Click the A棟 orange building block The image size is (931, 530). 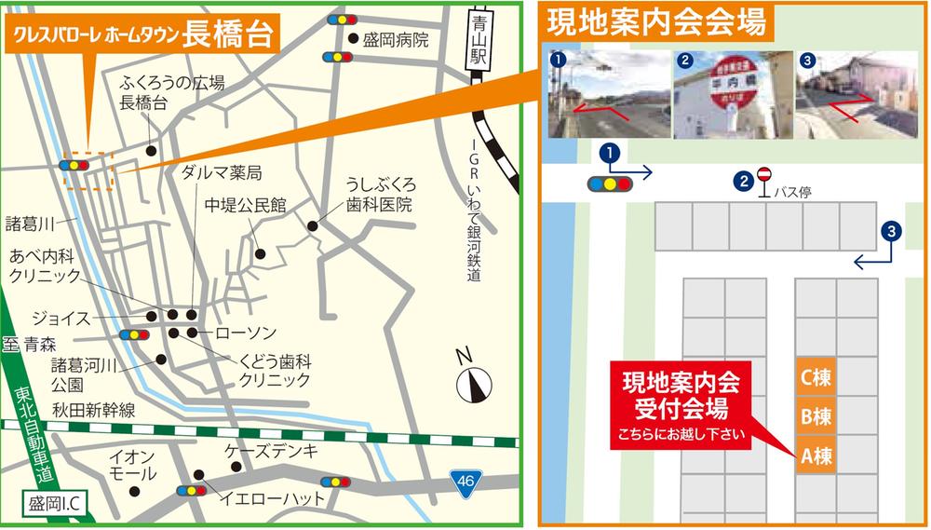pyautogui.click(x=815, y=457)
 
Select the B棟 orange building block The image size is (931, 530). pyautogui.click(x=815, y=418)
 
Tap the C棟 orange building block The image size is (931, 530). pyautogui.click(x=815, y=378)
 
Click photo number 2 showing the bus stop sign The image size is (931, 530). pyautogui.click(x=732, y=93)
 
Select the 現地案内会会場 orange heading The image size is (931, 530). pyautogui.click(x=657, y=20)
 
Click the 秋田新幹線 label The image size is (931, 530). pyautogui.click(x=94, y=409)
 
